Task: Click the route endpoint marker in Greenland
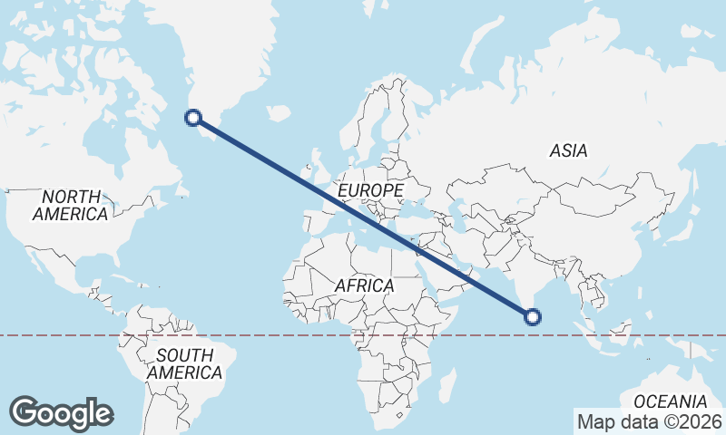tap(192, 116)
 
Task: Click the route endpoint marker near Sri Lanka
tap(533, 316)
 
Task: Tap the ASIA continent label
tap(568, 151)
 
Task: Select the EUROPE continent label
tap(369, 190)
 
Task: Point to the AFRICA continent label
tap(364, 285)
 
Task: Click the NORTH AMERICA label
tap(71, 206)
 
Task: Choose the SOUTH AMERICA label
tap(184, 363)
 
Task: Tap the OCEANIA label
tap(670, 401)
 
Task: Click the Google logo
tap(61, 412)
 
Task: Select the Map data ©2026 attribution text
tap(649, 421)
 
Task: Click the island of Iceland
tap(278, 113)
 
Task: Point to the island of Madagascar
tap(446, 385)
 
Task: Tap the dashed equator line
tap(272, 335)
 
